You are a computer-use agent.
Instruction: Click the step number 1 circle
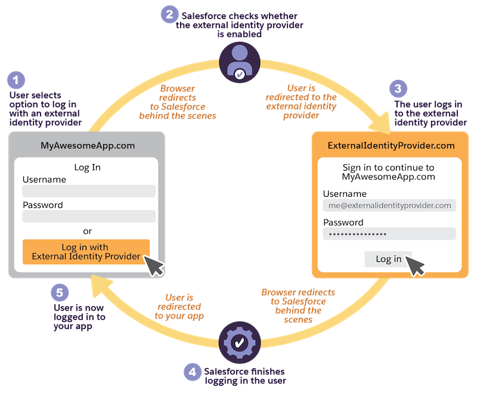coord(18,80)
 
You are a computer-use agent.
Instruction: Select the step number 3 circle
coord(398,89)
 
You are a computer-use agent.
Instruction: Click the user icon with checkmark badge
coord(238,62)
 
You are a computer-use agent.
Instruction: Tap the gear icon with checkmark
coord(238,342)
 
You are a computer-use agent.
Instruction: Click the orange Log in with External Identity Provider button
coord(86,252)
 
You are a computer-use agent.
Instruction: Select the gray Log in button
coord(388,259)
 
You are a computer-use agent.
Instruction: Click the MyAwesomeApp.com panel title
coord(87,145)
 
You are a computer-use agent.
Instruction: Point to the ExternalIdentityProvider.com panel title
coord(391,146)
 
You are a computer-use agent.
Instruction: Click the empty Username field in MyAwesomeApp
coord(89,191)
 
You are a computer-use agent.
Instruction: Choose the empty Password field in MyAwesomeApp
coord(89,216)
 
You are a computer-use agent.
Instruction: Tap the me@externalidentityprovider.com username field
coord(389,205)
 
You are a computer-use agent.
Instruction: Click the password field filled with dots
coord(389,234)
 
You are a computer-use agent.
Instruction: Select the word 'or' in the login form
coord(87,231)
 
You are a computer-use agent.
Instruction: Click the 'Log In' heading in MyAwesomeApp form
coord(87,167)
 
